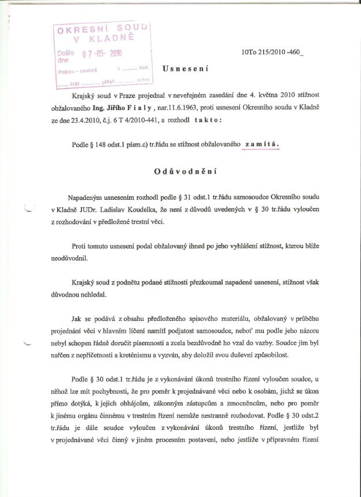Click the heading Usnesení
tap(185, 68)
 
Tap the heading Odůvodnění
tap(185, 172)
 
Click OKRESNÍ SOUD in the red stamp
tap(102, 29)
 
